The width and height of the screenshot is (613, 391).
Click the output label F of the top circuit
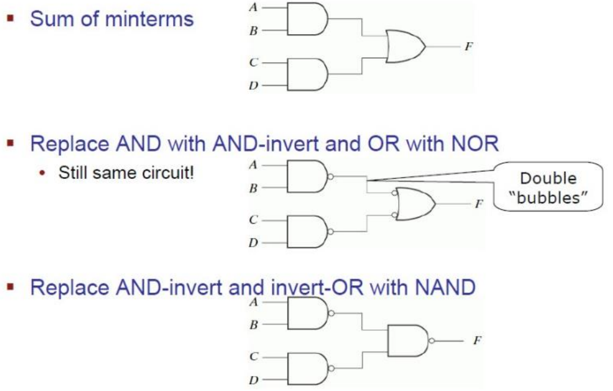(469, 47)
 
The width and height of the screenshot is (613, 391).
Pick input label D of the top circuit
(253, 86)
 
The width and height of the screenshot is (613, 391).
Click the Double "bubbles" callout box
(548, 188)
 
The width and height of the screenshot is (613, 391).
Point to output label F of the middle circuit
(479, 204)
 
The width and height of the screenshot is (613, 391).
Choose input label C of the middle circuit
(253, 219)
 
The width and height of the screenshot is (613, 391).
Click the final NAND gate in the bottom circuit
(409, 340)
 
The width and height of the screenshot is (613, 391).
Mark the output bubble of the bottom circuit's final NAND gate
(433, 340)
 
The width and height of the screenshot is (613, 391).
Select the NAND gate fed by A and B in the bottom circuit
(307, 313)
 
